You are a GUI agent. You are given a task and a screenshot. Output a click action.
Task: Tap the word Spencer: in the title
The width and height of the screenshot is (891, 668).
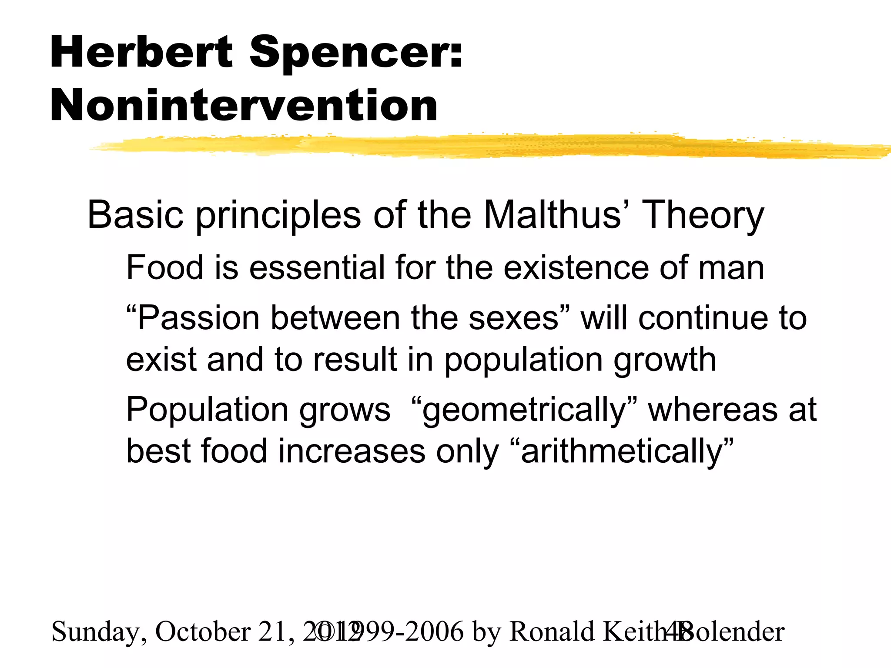click(x=356, y=53)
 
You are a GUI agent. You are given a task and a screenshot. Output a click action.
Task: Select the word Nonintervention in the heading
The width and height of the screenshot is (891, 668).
click(x=244, y=106)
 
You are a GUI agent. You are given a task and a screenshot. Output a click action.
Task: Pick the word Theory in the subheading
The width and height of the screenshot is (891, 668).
click(x=703, y=216)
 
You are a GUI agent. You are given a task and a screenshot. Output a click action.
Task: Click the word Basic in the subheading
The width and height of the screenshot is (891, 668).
click(x=135, y=215)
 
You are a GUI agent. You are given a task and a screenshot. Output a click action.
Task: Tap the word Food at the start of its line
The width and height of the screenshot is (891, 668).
click(x=165, y=267)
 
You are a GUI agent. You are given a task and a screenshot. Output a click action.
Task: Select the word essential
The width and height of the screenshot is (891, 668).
click(x=317, y=267)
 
